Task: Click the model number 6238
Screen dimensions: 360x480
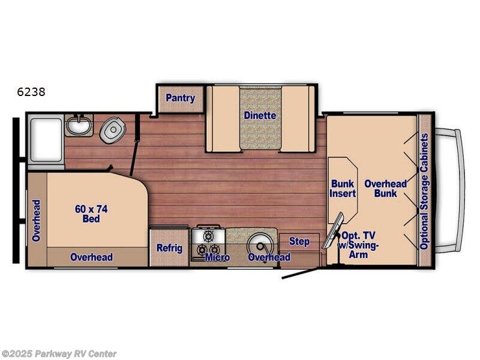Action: point(32,92)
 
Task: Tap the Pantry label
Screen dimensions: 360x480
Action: point(180,98)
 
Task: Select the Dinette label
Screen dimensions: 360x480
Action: point(260,115)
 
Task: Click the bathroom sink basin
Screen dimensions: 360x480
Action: point(79,126)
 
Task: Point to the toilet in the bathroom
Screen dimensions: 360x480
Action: point(111,130)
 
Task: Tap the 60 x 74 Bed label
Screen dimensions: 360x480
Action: point(88,214)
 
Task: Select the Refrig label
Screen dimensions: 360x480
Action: point(169,248)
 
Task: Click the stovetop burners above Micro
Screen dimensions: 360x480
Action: point(208,242)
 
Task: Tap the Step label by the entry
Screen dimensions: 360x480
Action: point(299,241)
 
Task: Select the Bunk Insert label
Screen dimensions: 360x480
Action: point(343,188)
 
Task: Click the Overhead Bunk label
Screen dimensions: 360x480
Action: point(386,188)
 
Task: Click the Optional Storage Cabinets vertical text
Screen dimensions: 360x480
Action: point(424,191)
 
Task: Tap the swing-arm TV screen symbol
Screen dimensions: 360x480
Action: point(334,230)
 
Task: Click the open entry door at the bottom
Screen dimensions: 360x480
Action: point(302,274)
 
